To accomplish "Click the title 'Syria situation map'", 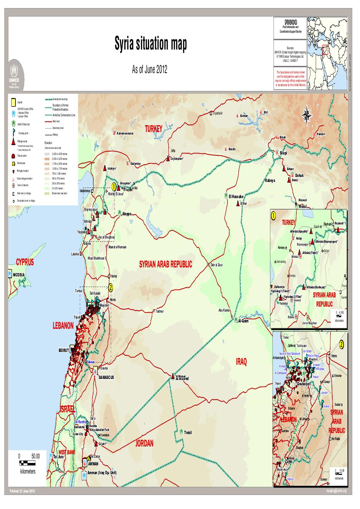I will pyautogui.click(x=151, y=45).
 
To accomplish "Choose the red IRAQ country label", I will pyautogui.click(x=241, y=362).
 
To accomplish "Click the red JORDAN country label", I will pyautogui.click(x=144, y=444).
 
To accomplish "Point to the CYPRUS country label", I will pyautogui.click(x=25, y=262).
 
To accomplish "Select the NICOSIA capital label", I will pyautogui.click(x=19, y=274).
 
